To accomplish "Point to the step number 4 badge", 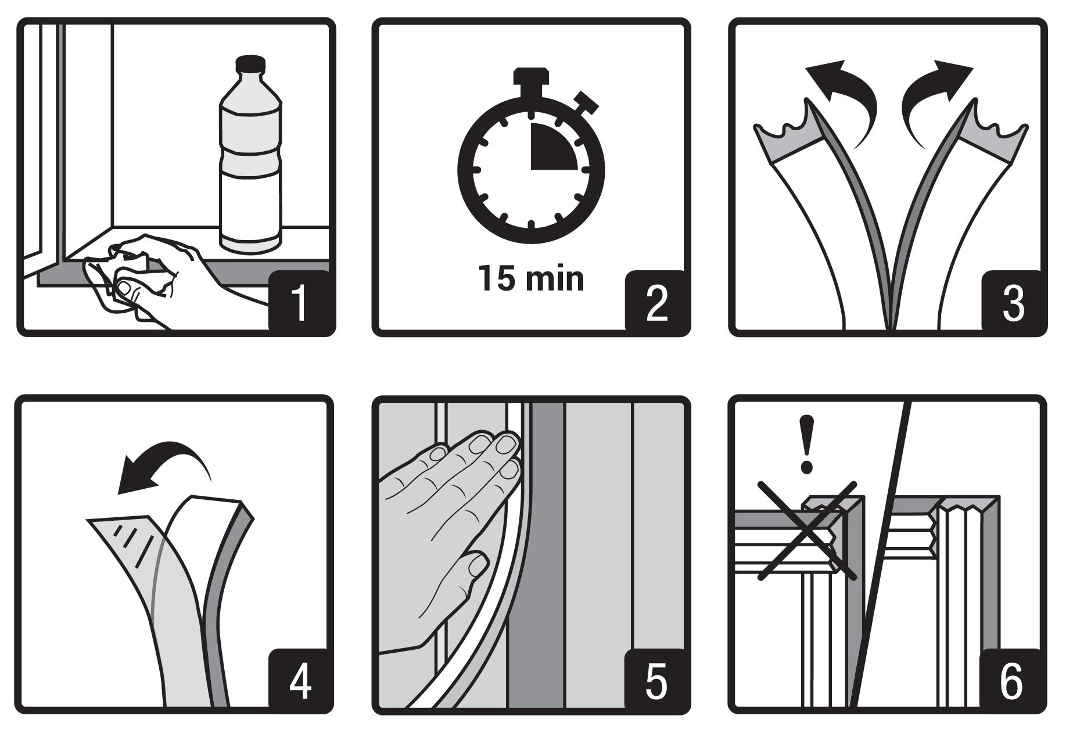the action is pyautogui.click(x=299, y=679).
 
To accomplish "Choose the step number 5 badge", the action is pyautogui.click(x=656, y=679).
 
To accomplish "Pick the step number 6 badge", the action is pyautogui.click(x=1012, y=679).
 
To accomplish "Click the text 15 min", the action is pyautogui.click(x=531, y=278).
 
